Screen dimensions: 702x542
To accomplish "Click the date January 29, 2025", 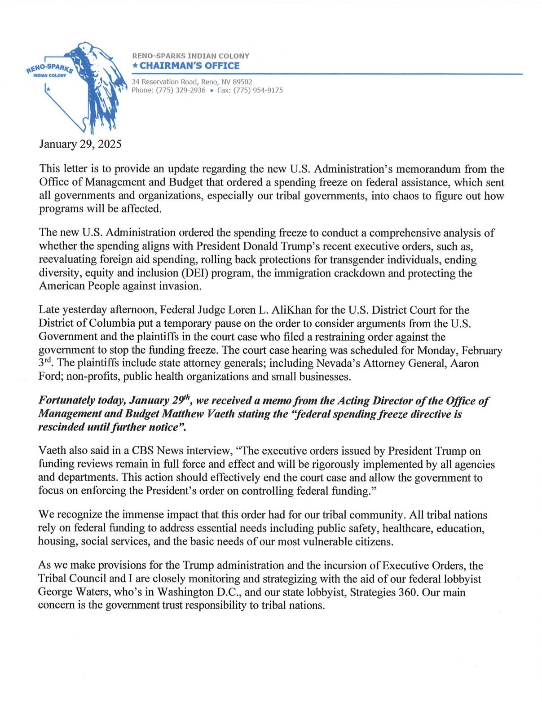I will tap(80, 144).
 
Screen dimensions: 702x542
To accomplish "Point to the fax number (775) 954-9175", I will tap(258, 90).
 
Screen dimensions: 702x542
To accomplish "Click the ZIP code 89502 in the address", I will tap(243, 82).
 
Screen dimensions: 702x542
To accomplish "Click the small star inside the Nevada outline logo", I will tap(48, 90).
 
